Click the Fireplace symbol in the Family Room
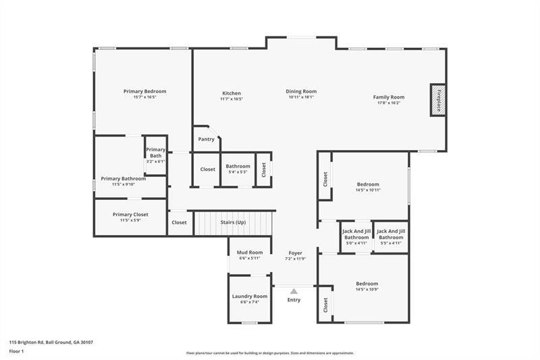tap(438, 100)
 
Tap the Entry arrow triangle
tap(294, 291)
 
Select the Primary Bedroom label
tap(144, 91)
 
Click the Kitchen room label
tap(232, 93)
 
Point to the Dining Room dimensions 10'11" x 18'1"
tap(301, 97)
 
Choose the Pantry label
tap(206, 139)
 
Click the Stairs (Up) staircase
tap(233, 222)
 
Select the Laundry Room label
tap(250, 296)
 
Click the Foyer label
tap(296, 253)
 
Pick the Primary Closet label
tap(130, 214)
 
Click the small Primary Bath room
tap(155, 155)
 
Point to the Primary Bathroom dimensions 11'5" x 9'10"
tap(124, 184)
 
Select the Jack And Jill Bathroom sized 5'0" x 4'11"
tap(356, 237)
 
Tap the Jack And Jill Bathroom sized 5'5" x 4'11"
tap(391, 237)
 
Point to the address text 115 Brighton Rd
tap(34, 342)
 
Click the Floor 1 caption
tap(16, 352)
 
